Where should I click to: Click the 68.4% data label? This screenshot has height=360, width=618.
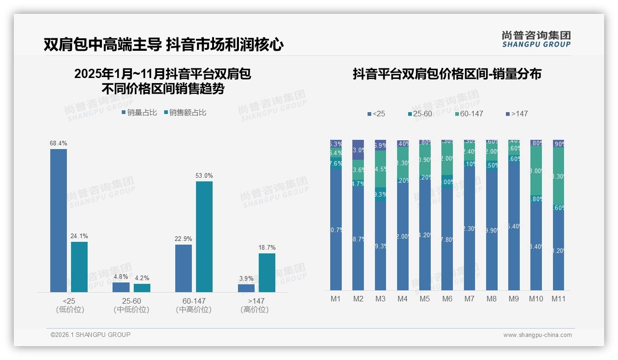pyautogui.click(x=59, y=144)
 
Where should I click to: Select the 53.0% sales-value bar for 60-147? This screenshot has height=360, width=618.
pyautogui.click(x=204, y=236)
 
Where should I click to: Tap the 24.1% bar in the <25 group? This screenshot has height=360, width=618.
pyautogui.click(x=79, y=267)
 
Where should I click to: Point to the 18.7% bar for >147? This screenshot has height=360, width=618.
pyautogui.click(x=267, y=272)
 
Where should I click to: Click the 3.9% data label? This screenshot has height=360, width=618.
pyautogui.click(x=246, y=278)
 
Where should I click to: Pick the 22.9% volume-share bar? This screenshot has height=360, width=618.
pyautogui.click(x=184, y=268)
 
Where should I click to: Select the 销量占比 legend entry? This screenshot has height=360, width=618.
pyautogui.click(x=139, y=113)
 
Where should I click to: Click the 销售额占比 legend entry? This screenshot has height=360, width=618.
pyautogui.click(x=185, y=113)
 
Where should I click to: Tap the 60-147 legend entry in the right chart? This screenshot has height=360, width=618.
pyautogui.click(x=469, y=114)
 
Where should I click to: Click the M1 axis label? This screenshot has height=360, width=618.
pyautogui.click(x=336, y=299)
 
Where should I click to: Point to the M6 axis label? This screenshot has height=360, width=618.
pyautogui.click(x=447, y=299)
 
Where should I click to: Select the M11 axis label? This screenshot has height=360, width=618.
pyautogui.click(x=558, y=299)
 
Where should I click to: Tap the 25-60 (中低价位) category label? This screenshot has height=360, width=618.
pyautogui.click(x=131, y=305)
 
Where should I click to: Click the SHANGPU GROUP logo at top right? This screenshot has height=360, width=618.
pyautogui.click(x=536, y=39)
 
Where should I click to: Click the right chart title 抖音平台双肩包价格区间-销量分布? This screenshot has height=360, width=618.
pyautogui.click(x=447, y=74)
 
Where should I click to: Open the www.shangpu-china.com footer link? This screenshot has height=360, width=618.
pyautogui.click(x=537, y=335)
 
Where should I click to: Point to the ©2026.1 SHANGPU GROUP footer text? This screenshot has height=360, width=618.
pyautogui.click(x=90, y=335)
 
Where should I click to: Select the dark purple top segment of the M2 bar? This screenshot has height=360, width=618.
pyautogui.click(x=358, y=150)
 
